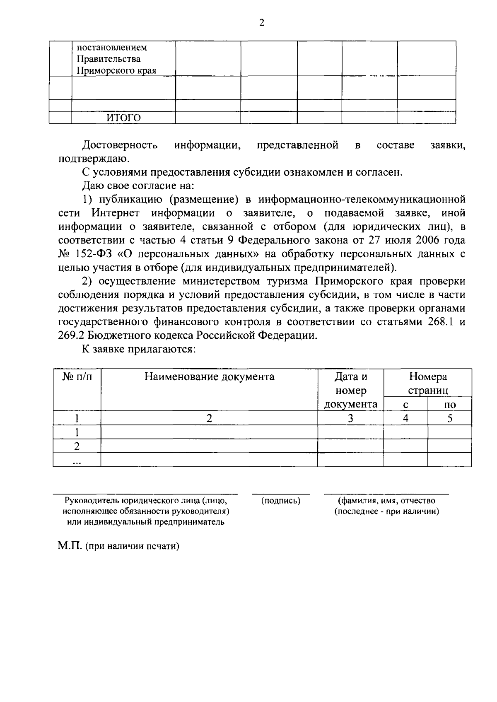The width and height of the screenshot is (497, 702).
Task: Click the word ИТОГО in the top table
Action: pos(124,118)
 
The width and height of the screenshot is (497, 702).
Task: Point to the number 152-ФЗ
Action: pos(84,254)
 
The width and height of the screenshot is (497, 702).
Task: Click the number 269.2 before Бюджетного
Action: pos(71,335)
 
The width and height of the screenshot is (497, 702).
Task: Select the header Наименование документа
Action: pos(209,377)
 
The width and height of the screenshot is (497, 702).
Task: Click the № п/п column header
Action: pos(77,377)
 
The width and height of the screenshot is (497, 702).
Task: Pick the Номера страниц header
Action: pos(428,383)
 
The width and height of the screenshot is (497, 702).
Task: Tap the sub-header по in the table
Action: pos(449,405)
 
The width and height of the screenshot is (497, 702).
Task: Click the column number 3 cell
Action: pos(350,419)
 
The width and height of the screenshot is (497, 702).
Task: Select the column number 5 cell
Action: pos(449,419)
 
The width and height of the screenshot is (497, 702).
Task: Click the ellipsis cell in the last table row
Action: pos(77,461)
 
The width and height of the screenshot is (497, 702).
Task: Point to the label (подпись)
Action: pos(281,501)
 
